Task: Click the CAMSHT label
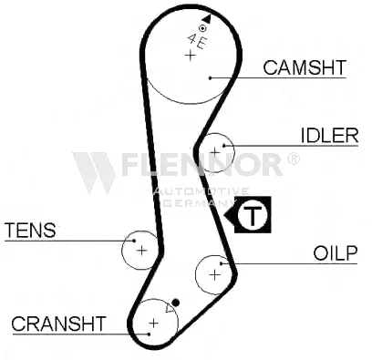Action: [305, 67]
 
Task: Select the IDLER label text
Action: [330, 136]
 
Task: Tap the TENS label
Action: [30, 230]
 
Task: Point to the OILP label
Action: [336, 253]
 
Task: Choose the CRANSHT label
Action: [58, 324]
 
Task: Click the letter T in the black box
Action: [253, 215]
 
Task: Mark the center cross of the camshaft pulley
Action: [191, 56]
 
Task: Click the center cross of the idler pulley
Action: [215, 151]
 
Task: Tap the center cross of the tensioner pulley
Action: [141, 251]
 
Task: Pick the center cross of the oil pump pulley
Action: [214, 275]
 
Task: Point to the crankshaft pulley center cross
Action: [154, 323]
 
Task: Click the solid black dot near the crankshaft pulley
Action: [176, 303]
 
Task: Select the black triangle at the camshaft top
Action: [206, 18]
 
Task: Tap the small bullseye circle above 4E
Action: [202, 28]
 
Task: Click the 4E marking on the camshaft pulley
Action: [197, 41]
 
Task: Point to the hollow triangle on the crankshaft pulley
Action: [170, 309]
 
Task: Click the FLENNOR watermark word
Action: [201, 164]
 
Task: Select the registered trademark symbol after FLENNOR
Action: [293, 159]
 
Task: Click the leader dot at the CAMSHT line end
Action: [210, 78]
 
